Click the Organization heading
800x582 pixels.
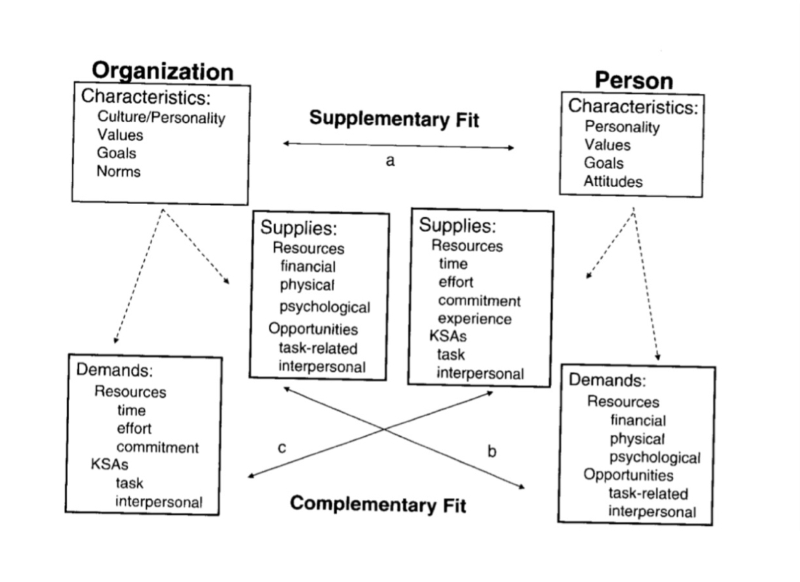(x=162, y=71)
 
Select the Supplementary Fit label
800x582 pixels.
(x=393, y=118)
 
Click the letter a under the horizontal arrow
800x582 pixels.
(x=390, y=162)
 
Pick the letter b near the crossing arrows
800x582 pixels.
(x=491, y=451)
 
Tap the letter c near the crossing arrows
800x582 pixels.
(x=282, y=448)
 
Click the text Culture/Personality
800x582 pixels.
(x=161, y=118)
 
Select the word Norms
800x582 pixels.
(x=119, y=171)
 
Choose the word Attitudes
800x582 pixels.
(x=614, y=181)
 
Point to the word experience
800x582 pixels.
(x=474, y=318)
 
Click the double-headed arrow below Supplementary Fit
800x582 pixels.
(x=398, y=145)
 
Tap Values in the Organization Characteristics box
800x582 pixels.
(x=120, y=135)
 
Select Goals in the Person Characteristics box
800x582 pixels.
(x=603, y=163)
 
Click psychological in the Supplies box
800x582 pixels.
(x=324, y=307)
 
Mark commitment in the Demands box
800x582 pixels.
(x=158, y=447)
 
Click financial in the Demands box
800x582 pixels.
(x=638, y=420)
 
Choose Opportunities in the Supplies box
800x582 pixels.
(x=313, y=329)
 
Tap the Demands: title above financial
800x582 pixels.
(x=607, y=380)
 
